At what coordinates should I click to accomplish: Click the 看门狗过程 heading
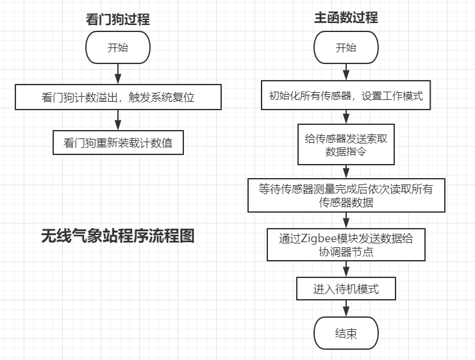tap(118, 19)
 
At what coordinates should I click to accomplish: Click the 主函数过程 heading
tap(346, 17)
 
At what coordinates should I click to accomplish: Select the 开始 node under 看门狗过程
tap(118, 47)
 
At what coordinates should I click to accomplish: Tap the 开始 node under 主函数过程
tap(346, 47)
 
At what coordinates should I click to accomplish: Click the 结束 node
tap(346, 333)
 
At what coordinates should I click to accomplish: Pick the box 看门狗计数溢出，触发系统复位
tap(118, 97)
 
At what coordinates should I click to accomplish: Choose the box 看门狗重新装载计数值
tap(118, 143)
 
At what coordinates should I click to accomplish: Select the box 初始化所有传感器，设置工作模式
tap(346, 95)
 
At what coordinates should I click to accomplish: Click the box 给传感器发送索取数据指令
tap(346, 144)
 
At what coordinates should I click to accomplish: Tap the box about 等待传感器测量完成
tap(346, 195)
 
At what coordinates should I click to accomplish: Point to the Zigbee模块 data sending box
tap(346, 245)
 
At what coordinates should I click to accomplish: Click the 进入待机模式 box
tap(346, 288)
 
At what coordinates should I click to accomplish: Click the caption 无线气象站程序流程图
tap(118, 236)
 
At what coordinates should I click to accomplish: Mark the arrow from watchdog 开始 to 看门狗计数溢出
tap(118, 74)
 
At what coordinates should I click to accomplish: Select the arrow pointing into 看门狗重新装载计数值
tap(118, 120)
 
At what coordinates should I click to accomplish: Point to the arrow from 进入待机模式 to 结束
tap(346, 309)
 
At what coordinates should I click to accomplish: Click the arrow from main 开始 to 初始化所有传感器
tap(346, 72)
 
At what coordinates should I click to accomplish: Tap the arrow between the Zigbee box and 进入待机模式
tap(346, 269)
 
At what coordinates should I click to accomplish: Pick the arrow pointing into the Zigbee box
tap(346, 220)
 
